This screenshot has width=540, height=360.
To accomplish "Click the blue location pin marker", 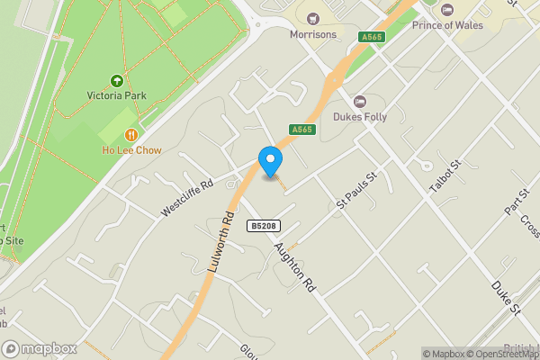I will click(270, 160).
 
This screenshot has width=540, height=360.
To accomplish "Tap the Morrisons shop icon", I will click(313, 18).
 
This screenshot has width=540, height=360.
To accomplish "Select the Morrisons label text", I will click(313, 35).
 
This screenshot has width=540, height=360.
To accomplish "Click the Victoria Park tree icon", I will click(116, 81).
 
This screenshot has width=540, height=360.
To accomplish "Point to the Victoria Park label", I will click(116, 95).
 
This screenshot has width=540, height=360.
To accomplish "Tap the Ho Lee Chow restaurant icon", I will click(131, 135).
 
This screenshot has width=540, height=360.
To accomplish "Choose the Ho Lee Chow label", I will click(131, 150).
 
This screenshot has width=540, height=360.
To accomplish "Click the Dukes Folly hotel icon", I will click(360, 100).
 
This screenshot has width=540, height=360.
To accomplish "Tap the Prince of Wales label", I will click(447, 25).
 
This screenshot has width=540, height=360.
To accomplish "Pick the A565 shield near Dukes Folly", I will click(301, 130).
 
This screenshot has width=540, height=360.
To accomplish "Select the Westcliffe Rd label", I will click(187, 197).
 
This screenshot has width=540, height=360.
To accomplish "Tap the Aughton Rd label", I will click(294, 265).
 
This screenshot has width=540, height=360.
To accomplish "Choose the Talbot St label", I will click(444, 180).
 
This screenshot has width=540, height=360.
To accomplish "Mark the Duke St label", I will click(506, 298).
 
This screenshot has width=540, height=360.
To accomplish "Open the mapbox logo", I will click(39, 348).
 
